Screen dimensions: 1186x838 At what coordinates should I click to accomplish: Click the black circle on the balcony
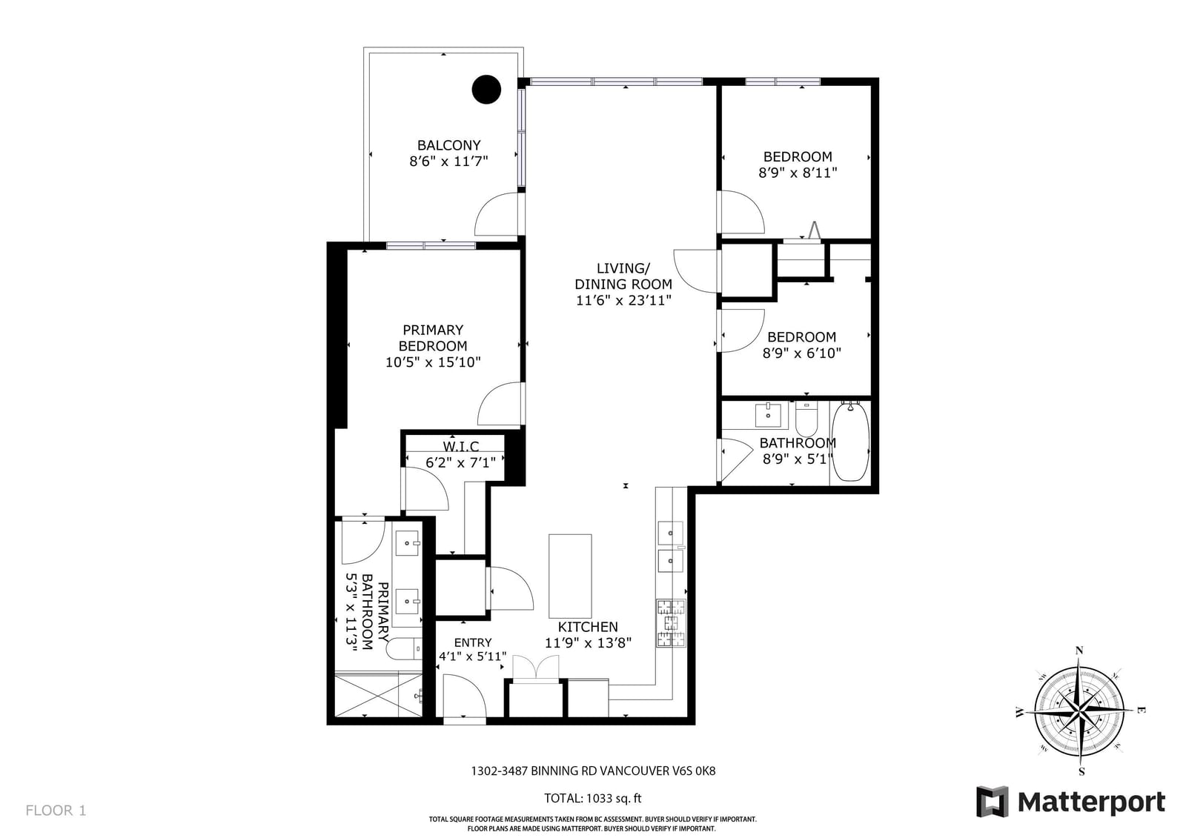[486, 90]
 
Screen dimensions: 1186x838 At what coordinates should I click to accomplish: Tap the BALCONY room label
[449, 145]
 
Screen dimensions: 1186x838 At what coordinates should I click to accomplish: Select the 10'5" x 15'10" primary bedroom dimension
[433, 362]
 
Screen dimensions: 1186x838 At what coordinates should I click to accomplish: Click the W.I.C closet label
[460, 447]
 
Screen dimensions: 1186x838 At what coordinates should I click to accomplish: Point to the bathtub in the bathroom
[850, 442]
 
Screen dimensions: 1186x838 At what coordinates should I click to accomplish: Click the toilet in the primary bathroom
[403, 650]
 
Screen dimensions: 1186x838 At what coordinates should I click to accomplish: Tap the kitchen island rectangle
[570, 576]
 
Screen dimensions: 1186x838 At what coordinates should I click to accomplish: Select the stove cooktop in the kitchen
[671, 623]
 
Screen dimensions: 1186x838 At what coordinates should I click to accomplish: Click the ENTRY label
[473, 642]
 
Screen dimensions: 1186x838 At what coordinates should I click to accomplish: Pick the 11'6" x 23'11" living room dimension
[623, 301]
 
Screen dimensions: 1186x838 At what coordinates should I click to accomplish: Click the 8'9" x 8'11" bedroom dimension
[798, 173]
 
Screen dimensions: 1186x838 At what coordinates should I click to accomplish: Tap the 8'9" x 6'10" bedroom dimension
[801, 353]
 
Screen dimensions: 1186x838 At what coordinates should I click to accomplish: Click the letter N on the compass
[1079, 651]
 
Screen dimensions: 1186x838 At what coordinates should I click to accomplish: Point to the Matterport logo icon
[993, 802]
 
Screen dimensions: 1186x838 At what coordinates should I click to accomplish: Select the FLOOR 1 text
[56, 811]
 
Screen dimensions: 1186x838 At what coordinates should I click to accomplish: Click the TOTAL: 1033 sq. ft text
[593, 798]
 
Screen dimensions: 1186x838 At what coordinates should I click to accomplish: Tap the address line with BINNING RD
[593, 771]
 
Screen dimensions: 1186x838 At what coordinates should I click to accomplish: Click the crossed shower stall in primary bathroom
[379, 694]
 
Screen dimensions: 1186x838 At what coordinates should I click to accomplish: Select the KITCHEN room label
[588, 627]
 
